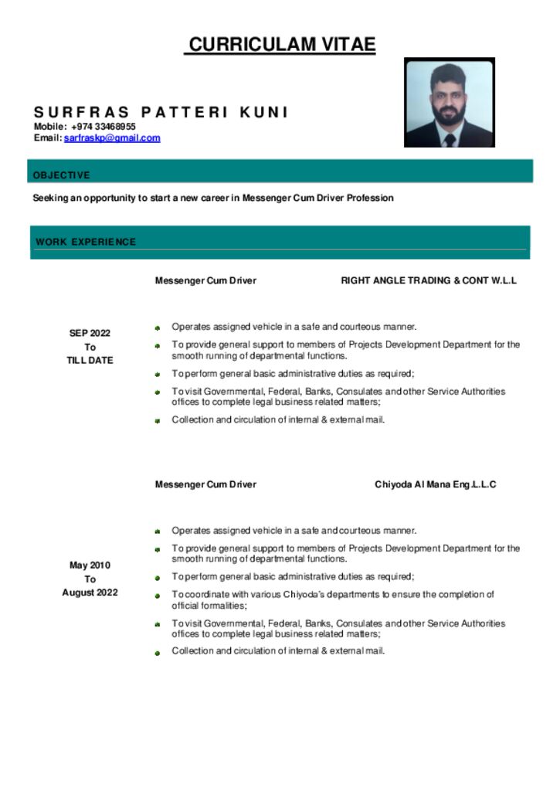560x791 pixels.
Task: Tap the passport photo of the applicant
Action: pyautogui.click(x=449, y=102)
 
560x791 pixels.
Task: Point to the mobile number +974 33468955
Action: pyautogui.click(x=104, y=127)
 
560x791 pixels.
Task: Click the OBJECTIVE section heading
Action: pyautogui.click(x=61, y=175)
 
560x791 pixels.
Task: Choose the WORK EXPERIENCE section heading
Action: pyautogui.click(x=86, y=242)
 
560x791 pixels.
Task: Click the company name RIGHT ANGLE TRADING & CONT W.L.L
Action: pyautogui.click(x=429, y=280)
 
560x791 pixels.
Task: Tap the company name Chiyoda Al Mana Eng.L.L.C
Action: pyautogui.click(x=435, y=484)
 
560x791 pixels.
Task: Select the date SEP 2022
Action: pyautogui.click(x=90, y=334)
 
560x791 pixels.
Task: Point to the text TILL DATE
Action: pyautogui.click(x=90, y=360)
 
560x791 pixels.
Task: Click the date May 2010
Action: pyautogui.click(x=90, y=565)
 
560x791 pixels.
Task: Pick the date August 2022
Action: pyautogui.click(x=90, y=592)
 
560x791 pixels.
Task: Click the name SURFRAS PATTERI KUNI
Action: pyautogui.click(x=161, y=113)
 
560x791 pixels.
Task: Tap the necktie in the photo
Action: pyautogui.click(x=450, y=139)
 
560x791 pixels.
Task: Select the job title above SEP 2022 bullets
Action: pyautogui.click(x=205, y=280)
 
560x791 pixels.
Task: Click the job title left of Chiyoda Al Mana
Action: pyautogui.click(x=205, y=484)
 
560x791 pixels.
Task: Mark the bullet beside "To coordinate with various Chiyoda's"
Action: pyautogui.click(x=156, y=596)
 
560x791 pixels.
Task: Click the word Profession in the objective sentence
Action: pyautogui.click(x=370, y=198)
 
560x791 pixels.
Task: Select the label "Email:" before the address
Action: pyautogui.click(x=47, y=138)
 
